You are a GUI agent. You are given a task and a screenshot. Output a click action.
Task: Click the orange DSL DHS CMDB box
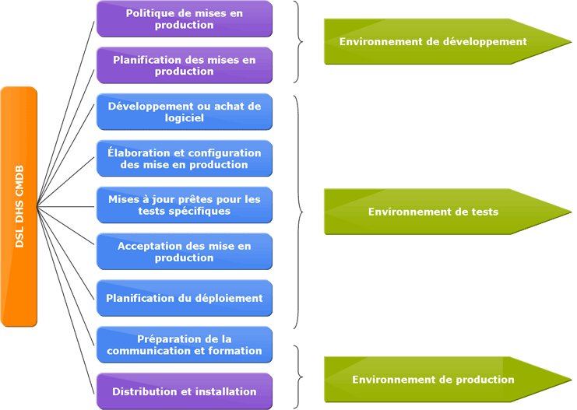click(19, 206)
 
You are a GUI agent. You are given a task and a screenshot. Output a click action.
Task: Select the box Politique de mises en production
click(185, 19)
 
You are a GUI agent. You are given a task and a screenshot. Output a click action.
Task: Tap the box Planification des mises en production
click(185, 65)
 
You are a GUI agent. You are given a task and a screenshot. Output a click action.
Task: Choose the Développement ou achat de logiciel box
click(185, 112)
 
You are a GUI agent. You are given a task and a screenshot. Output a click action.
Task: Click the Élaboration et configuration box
click(185, 159)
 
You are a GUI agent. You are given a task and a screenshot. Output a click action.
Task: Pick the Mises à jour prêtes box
click(185, 205)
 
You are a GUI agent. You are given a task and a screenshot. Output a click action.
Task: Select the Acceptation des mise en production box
click(185, 252)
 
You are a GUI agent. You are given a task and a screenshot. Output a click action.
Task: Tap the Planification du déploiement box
click(185, 298)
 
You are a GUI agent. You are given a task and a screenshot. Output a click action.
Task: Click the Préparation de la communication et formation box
click(185, 345)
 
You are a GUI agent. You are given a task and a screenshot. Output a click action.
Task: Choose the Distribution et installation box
click(185, 391)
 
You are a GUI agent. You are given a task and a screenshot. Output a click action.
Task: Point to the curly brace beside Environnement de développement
click(298, 41)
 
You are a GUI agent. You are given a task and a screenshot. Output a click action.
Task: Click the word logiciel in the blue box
click(185, 118)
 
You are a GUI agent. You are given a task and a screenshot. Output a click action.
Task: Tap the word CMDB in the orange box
click(19, 181)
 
